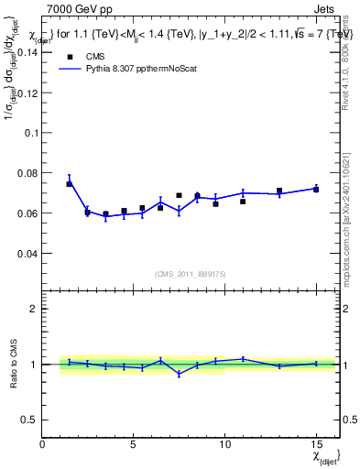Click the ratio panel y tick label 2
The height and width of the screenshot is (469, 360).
click(x=33, y=309)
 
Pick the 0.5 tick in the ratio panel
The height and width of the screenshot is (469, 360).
click(x=29, y=419)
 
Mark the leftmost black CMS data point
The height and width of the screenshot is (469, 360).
click(x=69, y=184)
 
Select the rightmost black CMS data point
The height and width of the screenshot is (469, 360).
click(x=316, y=189)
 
